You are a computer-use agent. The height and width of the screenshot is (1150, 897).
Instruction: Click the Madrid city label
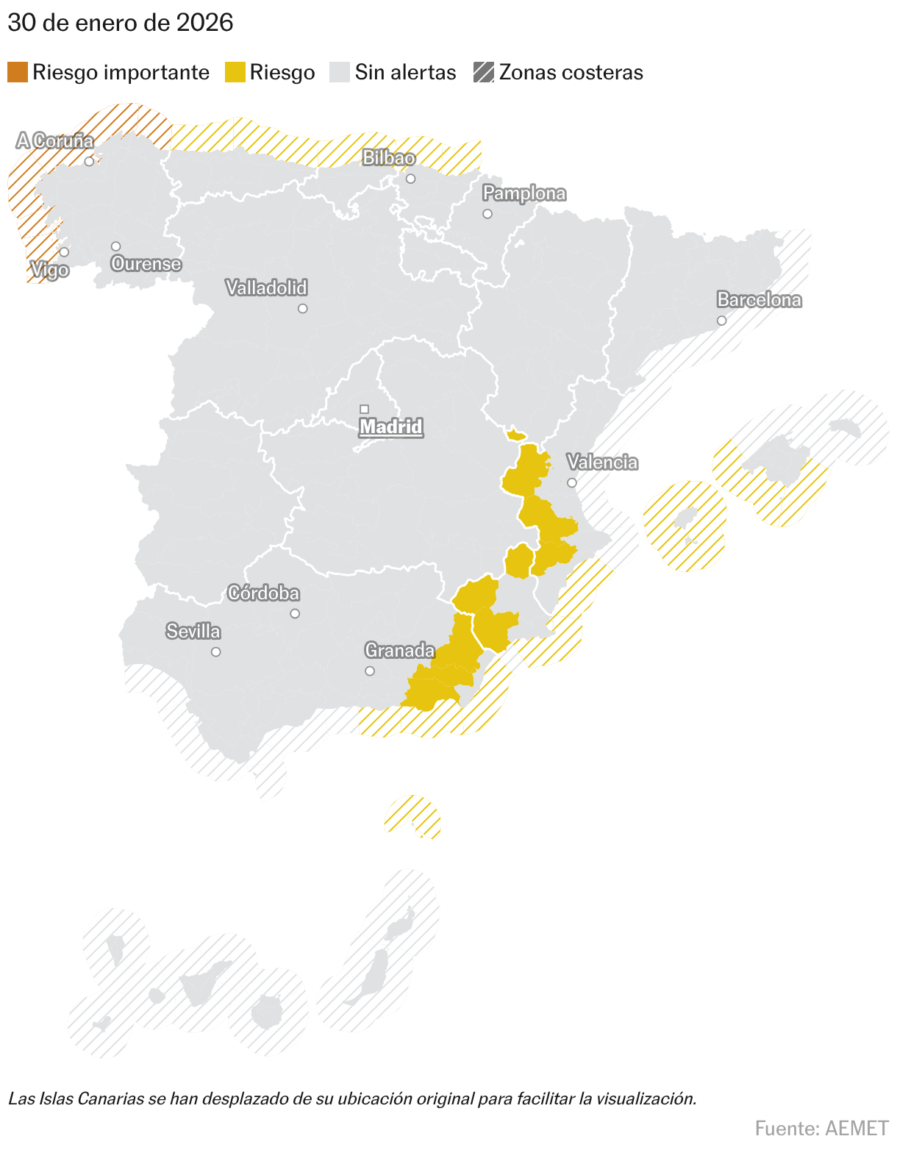click(x=390, y=426)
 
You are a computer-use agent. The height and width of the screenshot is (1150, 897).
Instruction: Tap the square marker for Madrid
click(x=364, y=409)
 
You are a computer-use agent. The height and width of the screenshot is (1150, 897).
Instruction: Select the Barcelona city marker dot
click(x=721, y=321)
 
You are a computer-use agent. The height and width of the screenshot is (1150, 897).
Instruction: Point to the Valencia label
click(x=602, y=462)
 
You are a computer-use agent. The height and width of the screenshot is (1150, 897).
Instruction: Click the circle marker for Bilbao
click(x=410, y=179)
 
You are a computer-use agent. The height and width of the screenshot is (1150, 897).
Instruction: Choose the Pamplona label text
click(x=524, y=193)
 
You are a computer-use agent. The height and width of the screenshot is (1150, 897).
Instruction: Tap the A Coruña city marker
click(x=89, y=161)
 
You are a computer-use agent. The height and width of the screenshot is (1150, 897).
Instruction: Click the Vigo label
click(x=50, y=270)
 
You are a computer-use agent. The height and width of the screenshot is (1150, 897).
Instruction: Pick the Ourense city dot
click(x=115, y=246)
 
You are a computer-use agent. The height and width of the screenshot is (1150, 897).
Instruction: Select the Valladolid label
click(x=266, y=287)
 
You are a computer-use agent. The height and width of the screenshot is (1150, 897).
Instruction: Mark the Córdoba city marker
click(x=295, y=613)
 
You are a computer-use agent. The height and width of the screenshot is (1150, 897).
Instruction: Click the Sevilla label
click(x=193, y=631)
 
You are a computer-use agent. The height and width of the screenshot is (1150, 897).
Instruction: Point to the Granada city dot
click(x=370, y=671)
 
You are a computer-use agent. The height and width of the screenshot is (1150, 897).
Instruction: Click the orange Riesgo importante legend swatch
click(x=18, y=72)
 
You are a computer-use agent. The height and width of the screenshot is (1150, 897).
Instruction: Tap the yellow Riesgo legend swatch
click(x=235, y=72)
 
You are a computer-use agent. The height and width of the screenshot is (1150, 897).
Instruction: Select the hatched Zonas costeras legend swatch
click(x=484, y=72)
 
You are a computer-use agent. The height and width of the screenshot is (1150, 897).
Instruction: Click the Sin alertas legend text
click(x=405, y=72)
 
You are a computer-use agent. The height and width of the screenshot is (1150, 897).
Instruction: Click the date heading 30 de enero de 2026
click(x=121, y=23)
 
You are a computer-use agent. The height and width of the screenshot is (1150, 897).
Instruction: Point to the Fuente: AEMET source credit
click(x=821, y=1128)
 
